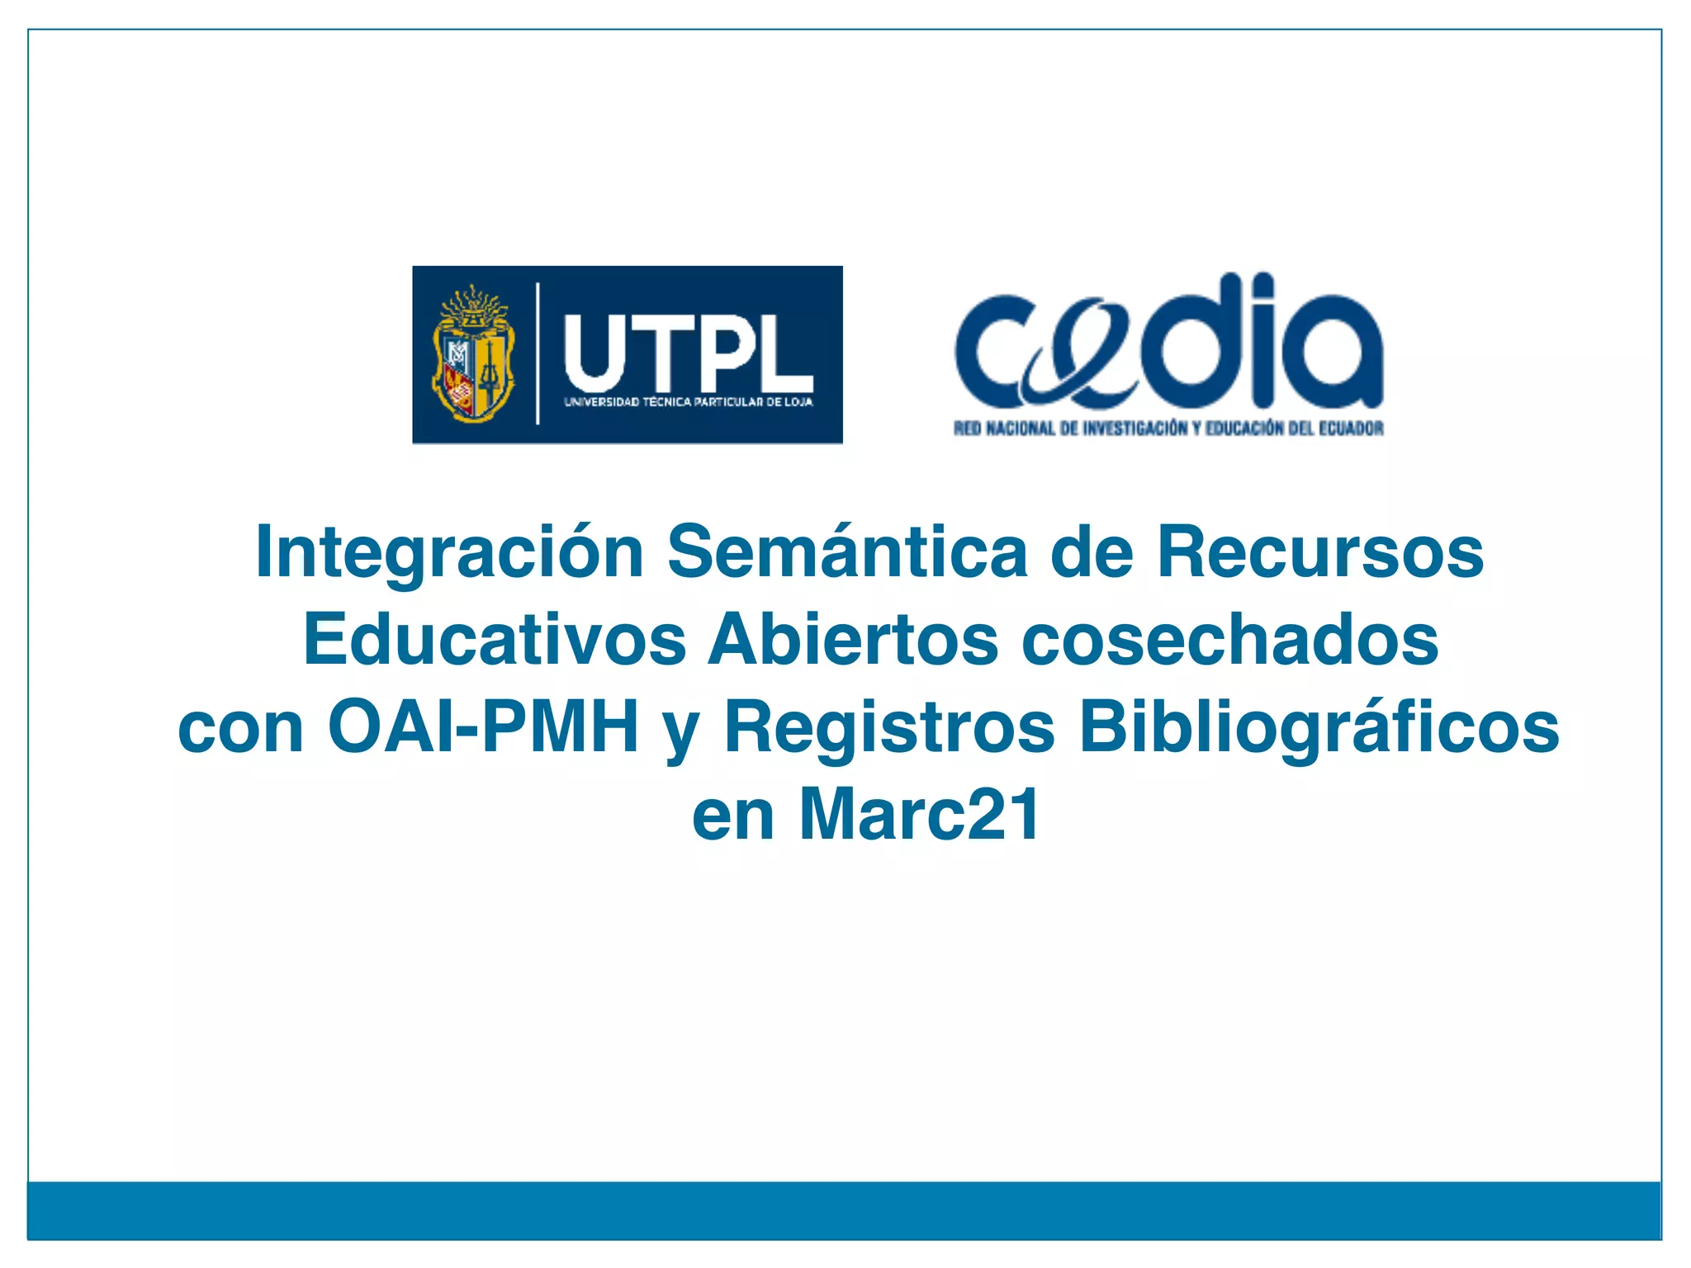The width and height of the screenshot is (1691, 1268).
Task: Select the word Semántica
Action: tap(847, 551)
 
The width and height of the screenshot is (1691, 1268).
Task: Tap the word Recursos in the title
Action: tap(1320, 551)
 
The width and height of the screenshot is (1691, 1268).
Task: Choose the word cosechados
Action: tap(1230, 640)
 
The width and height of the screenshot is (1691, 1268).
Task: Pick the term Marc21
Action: tap(920, 816)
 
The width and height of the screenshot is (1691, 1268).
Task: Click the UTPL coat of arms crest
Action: tap(474, 353)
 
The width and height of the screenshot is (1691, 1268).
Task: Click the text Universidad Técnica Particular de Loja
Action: tap(688, 403)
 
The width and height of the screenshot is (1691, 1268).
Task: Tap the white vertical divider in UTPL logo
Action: tap(538, 353)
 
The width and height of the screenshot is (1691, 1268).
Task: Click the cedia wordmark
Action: tap(1168, 343)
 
